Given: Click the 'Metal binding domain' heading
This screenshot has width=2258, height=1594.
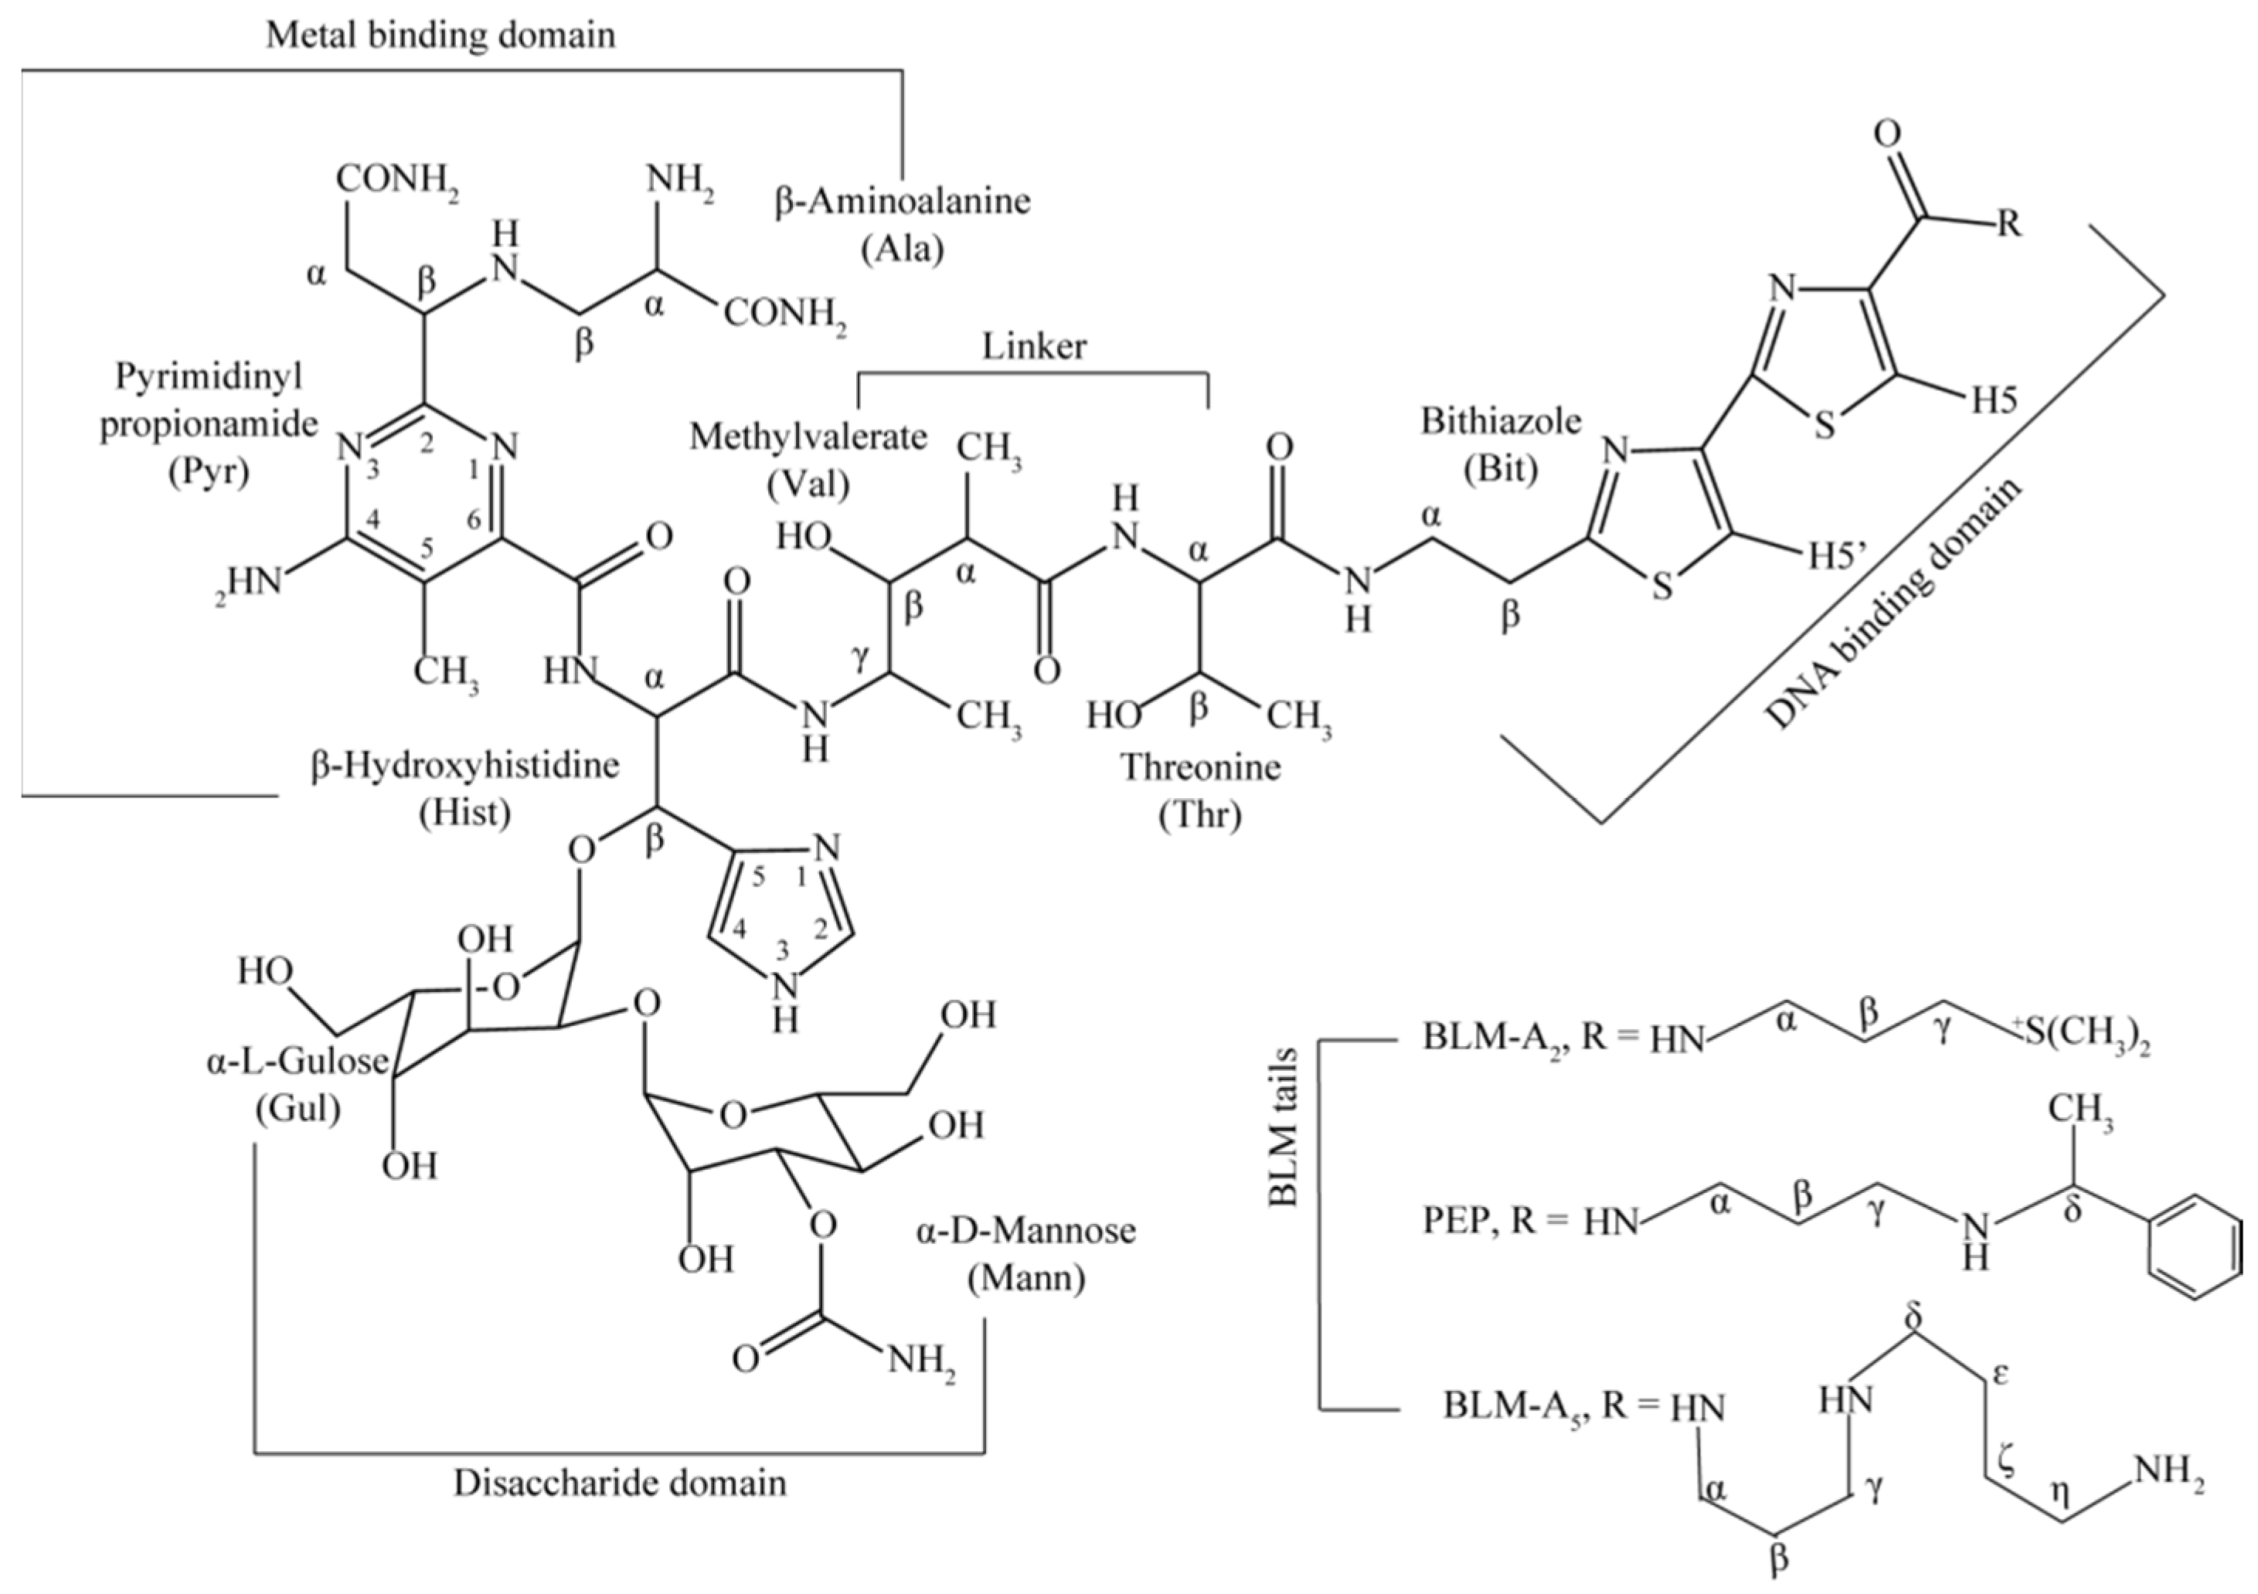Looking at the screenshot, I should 440,36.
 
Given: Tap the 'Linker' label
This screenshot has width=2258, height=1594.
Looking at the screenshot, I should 1034,346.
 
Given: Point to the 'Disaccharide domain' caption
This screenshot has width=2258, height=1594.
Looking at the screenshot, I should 620,1483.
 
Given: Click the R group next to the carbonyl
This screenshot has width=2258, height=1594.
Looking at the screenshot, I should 2009,224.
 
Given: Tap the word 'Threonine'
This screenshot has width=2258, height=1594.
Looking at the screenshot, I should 1201,767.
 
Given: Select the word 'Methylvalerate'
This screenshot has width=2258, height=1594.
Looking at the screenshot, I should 808,437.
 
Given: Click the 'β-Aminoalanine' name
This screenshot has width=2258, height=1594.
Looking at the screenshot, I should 903,202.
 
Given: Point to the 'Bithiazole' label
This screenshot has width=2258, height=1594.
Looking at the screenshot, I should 1501,422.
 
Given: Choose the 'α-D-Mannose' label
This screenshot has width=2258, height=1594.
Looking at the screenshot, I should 1025,1230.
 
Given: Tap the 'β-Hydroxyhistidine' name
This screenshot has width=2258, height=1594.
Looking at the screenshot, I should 465,765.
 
